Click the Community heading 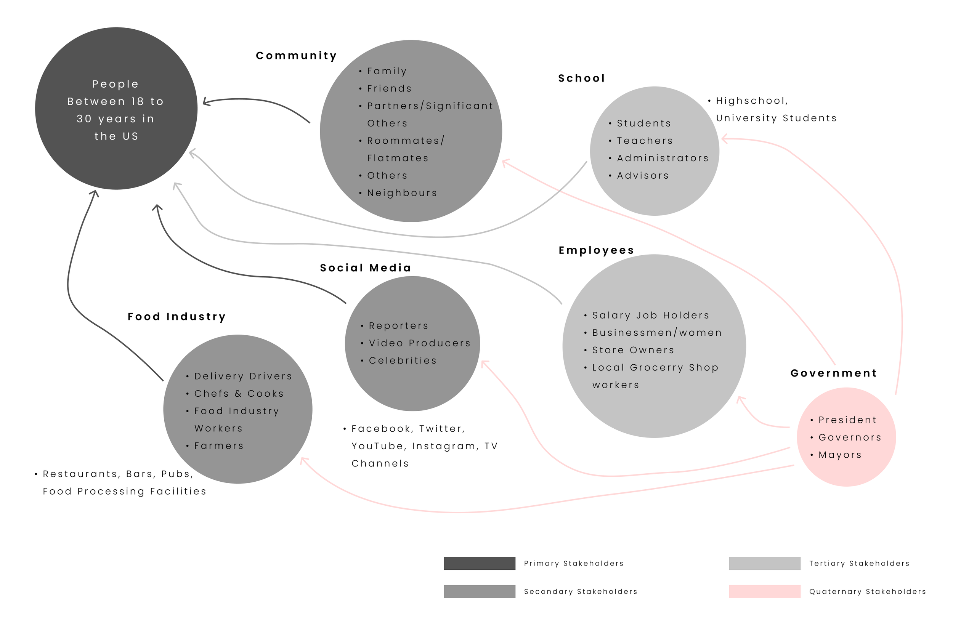tap(296, 56)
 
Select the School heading tap(581, 78)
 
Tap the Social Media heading tap(365, 268)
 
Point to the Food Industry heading tap(176, 317)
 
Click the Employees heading tap(596, 250)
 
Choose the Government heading tap(834, 373)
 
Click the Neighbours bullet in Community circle tap(402, 193)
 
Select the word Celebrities tap(403, 360)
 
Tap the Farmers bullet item tap(219, 446)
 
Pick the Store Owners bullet tap(633, 350)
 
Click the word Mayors tap(840, 455)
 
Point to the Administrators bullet tap(662, 158)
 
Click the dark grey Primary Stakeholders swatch tap(479, 563)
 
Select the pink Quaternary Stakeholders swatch tap(764, 591)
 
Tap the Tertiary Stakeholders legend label tap(859, 564)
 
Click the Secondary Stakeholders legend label tap(580, 591)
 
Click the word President tap(847, 420)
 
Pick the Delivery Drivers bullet tap(243, 376)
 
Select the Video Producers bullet tap(419, 343)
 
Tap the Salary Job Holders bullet tap(650, 316)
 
